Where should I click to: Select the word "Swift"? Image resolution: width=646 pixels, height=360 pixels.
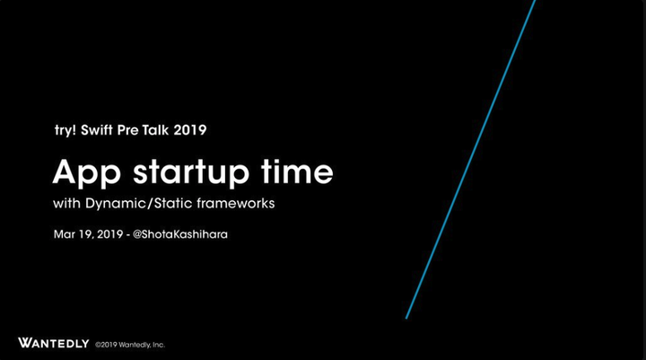97,130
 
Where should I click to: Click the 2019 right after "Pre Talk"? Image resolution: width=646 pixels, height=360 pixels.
190,130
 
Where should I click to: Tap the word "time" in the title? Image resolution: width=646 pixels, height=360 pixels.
297,171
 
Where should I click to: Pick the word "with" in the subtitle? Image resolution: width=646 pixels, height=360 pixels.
66,203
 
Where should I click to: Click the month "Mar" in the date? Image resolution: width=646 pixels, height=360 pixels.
65,234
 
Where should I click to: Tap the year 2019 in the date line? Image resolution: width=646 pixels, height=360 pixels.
110,234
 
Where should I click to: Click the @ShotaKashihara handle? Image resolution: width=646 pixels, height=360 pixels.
180,234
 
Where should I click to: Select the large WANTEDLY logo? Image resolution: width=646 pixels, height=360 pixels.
54,343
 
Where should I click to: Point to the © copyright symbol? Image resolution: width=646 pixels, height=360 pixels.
98,345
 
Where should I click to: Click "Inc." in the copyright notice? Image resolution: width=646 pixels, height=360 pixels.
159,345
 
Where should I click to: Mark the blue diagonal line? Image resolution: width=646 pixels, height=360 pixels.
470,159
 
